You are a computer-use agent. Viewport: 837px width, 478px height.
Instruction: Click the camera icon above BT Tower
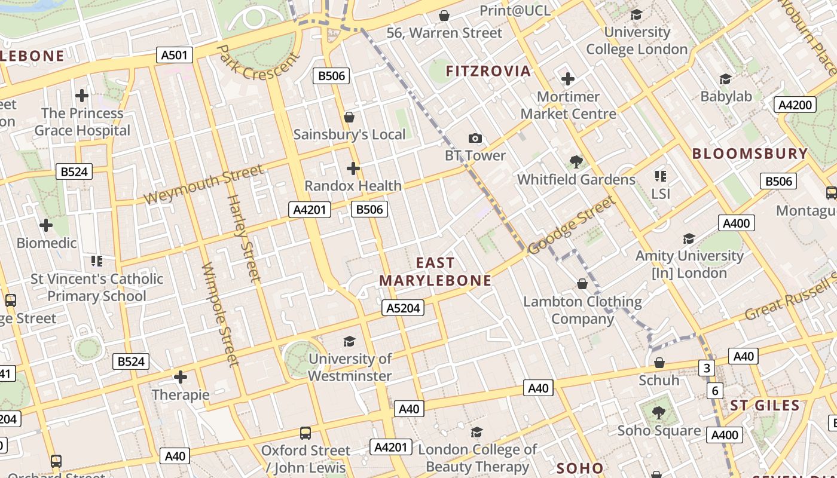tap(475, 139)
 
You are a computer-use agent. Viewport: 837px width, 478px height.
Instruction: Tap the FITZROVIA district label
tap(488, 71)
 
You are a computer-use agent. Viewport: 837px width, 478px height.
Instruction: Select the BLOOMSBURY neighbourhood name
tap(750, 154)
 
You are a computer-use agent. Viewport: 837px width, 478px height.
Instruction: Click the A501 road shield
tap(175, 56)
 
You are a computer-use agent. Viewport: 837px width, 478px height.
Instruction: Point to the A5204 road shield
tap(403, 308)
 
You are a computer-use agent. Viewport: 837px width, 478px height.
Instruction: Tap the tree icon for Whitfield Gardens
tap(576, 161)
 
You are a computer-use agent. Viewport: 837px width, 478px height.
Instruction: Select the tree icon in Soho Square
tap(658, 412)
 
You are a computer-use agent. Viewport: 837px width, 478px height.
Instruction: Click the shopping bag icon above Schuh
tap(659, 363)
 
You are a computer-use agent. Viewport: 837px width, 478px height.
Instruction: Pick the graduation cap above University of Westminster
tap(350, 341)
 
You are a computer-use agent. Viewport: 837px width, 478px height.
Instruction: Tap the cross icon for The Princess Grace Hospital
tap(82, 96)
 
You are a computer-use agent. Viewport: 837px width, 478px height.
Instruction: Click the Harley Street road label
tap(244, 238)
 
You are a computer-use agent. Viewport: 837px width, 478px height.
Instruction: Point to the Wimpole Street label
tap(220, 314)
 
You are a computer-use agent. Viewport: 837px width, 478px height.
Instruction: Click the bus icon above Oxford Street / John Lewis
tap(306, 433)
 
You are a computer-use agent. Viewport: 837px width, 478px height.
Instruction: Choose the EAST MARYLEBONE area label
tap(435, 272)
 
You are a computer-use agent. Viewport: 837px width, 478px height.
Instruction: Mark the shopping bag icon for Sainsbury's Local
tap(349, 117)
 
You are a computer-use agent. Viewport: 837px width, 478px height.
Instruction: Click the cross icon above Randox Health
tap(353, 168)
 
